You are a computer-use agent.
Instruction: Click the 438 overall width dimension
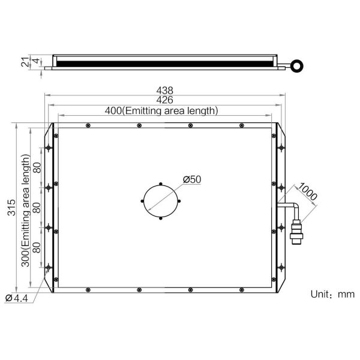(x=164, y=90)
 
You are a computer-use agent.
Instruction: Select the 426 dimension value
(x=164, y=100)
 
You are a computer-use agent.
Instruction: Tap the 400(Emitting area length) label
(x=161, y=110)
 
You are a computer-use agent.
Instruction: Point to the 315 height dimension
(x=11, y=208)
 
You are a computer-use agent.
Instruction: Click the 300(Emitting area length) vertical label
(x=25, y=211)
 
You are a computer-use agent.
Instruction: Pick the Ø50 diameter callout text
(x=192, y=179)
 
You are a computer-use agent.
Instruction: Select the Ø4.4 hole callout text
(x=17, y=298)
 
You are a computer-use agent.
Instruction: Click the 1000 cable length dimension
(x=307, y=191)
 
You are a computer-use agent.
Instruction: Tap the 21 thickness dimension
(x=25, y=62)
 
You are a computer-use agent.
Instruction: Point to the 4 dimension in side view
(x=36, y=61)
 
